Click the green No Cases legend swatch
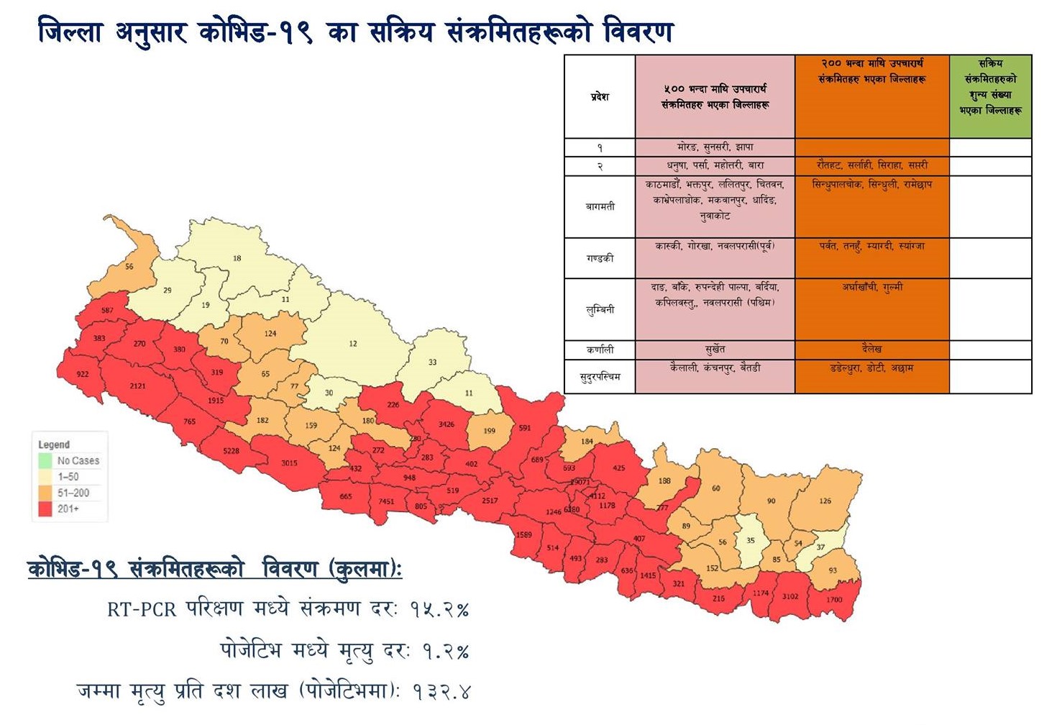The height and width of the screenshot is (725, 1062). click(45, 460)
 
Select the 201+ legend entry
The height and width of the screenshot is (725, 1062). click(68, 509)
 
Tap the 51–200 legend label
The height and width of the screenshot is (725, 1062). click(73, 493)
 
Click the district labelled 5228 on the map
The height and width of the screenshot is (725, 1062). click(231, 451)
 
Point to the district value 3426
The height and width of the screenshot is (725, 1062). click(446, 424)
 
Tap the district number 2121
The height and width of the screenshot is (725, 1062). click(137, 386)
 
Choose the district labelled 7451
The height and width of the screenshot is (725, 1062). click(386, 501)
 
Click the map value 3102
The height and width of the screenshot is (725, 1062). click(790, 596)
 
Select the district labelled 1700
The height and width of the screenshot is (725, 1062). click(834, 599)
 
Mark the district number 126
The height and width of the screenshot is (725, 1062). click(825, 501)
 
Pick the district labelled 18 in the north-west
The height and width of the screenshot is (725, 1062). click(237, 258)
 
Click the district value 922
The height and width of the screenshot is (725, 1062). click(83, 374)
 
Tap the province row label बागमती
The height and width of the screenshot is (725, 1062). click(600, 206)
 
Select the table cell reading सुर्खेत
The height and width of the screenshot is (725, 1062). click(715, 350)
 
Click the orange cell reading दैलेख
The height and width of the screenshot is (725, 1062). click(871, 349)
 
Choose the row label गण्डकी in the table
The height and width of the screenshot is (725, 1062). click(600, 257)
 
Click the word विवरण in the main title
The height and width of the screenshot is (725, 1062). click(638, 32)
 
